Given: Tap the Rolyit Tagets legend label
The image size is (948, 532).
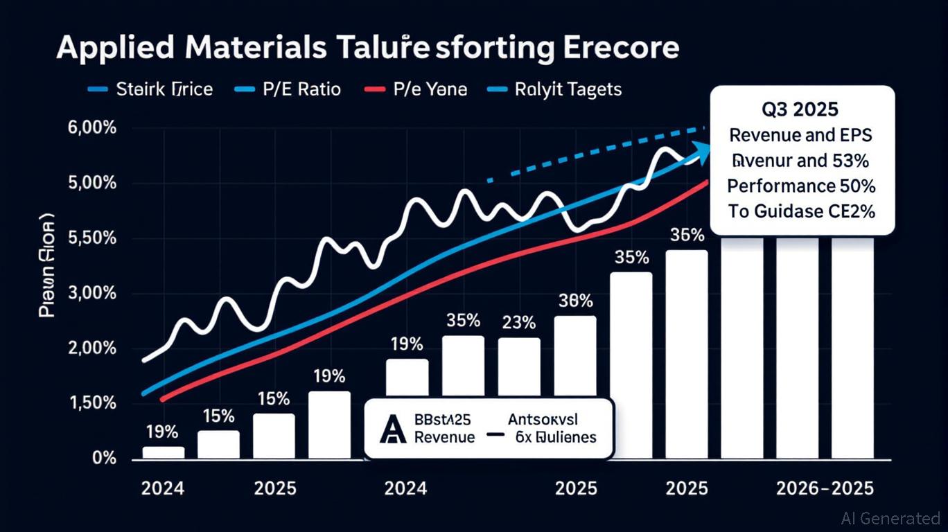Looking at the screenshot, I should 568,89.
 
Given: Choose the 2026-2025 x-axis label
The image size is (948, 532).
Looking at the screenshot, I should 824,488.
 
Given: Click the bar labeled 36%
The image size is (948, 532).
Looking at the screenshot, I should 686,353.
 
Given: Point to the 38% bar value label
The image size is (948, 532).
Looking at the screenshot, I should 575,301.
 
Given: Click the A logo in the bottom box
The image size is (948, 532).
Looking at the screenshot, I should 392,429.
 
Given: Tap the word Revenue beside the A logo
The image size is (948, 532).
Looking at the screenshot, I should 444,437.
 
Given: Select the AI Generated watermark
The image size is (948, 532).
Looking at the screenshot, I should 890,517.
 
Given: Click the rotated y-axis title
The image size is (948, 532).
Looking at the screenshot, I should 46,270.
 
